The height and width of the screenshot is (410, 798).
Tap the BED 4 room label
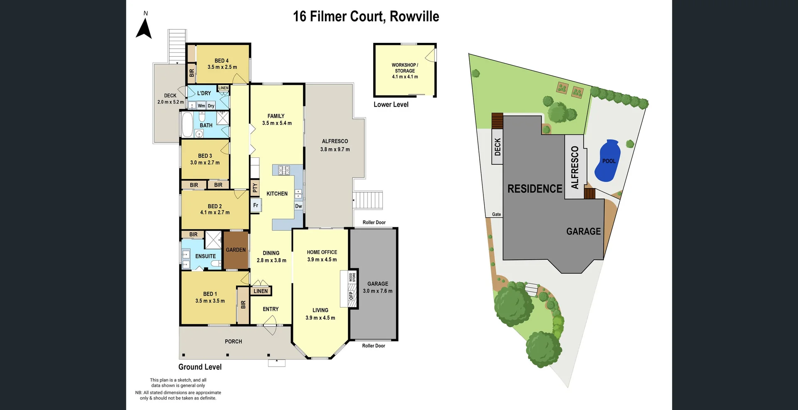[x=222, y=61]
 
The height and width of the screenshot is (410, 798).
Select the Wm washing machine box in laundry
[x=202, y=106]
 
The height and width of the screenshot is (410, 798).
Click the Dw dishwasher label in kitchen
[x=298, y=206]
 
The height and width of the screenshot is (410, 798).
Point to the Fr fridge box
[x=256, y=205]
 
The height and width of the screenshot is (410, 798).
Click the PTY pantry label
[x=255, y=188]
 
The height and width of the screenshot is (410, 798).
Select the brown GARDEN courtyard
[x=236, y=250]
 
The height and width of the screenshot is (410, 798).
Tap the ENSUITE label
[x=205, y=256]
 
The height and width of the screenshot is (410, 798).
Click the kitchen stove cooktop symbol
[x=284, y=170]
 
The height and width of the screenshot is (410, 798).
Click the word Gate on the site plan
[x=496, y=214]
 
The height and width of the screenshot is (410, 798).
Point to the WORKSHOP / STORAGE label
[x=405, y=68]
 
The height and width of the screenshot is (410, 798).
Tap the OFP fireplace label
[x=351, y=296]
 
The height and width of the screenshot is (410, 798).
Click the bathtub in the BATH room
[x=187, y=124]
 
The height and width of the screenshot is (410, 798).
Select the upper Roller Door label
[x=374, y=222]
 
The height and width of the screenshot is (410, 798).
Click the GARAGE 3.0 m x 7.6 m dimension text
[x=377, y=291]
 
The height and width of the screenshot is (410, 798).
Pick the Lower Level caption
[x=391, y=104]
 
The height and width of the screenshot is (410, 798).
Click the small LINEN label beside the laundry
[x=223, y=88]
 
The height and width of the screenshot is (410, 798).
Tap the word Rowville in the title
[x=414, y=17]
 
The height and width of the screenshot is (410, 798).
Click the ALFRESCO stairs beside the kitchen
[x=368, y=200]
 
